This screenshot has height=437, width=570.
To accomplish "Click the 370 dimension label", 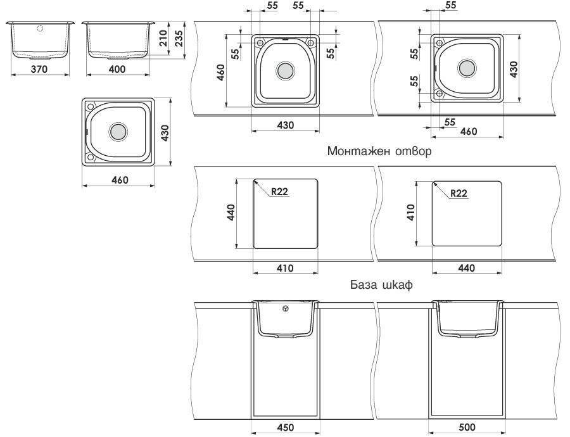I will click(39, 69).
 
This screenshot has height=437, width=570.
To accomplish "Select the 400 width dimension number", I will click(117, 69).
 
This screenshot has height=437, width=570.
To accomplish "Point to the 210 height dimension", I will click(163, 39).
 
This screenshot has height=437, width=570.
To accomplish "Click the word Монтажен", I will click(357, 152).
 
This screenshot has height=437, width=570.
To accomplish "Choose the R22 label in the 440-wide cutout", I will click(459, 193).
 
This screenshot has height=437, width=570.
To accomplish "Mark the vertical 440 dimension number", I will click(231, 214).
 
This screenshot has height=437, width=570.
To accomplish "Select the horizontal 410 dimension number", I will click(285, 268).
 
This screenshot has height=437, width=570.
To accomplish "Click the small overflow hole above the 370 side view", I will click(39, 28).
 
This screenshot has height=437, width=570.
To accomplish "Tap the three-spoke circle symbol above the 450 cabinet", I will click(286, 308).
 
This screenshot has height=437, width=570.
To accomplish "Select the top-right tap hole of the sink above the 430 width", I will click(310, 42).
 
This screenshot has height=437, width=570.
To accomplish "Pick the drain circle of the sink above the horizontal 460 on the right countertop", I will click(467, 68).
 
